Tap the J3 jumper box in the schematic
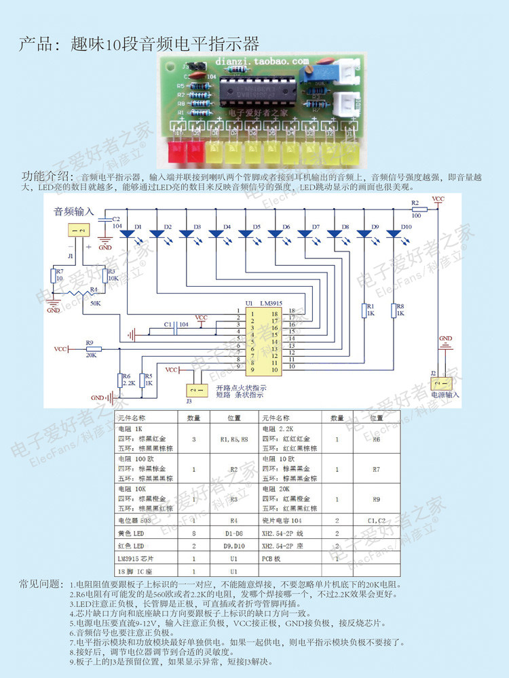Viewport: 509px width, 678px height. (x=196, y=391)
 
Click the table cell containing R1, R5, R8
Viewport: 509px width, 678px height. (x=234, y=439)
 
